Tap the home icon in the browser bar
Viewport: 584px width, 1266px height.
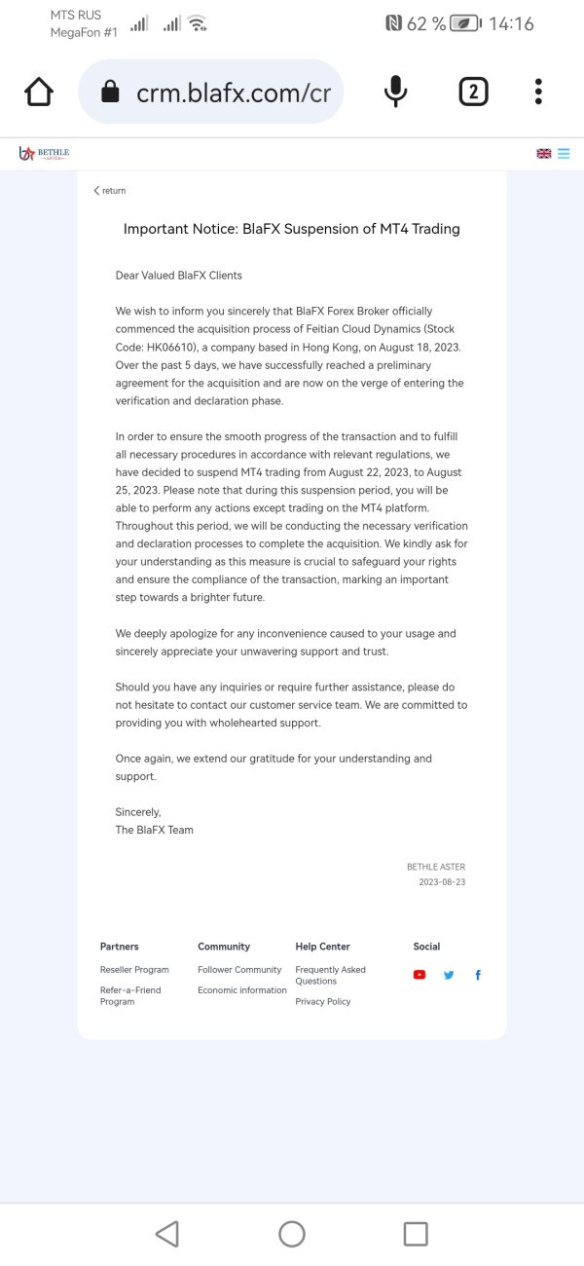tap(39, 93)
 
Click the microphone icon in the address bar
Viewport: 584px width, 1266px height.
tap(395, 93)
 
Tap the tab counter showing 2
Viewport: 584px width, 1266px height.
tap(473, 93)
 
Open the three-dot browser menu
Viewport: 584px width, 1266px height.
tap(538, 93)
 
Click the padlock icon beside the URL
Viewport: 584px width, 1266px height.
tap(110, 93)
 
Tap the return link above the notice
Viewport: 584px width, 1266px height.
tap(110, 191)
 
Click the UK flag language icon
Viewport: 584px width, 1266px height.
tap(543, 154)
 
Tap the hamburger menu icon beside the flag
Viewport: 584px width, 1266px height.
tap(564, 154)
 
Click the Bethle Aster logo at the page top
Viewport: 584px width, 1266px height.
tap(44, 154)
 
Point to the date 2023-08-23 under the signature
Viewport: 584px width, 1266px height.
tap(442, 882)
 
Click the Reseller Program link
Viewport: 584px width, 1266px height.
tap(134, 970)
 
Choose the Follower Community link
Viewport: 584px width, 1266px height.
tap(239, 970)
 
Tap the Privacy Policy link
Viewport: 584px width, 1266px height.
tap(323, 1002)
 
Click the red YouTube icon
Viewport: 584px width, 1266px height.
tap(420, 975)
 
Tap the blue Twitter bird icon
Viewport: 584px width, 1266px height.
tap(449, 975)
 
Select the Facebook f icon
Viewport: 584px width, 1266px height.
tap(478, 975)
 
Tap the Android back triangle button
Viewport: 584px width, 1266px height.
tap(167, 1234)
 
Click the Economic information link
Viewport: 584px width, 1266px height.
tap(242, 990)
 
